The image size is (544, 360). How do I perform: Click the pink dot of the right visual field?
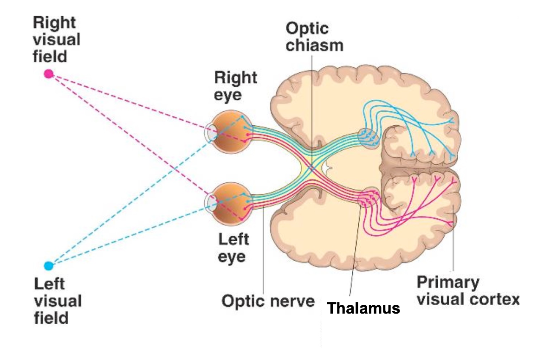[x=49, y=73]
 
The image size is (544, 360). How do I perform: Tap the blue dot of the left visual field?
[x=49, y=266]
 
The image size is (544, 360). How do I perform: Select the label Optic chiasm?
[x=314, y=37]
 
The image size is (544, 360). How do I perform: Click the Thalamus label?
[x=363, y=308]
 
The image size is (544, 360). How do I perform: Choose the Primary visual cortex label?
[x=467, y=290]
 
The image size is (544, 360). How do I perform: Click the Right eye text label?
[x=235, y=86]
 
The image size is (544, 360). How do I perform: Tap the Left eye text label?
[x=233, y=248]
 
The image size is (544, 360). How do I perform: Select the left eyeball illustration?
[x=228, y=204]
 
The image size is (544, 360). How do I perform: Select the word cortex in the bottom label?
[x=495, y=299]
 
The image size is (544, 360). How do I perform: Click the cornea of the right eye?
[x=210, y=134]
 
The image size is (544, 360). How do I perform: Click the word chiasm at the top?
[x=314, y=45]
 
